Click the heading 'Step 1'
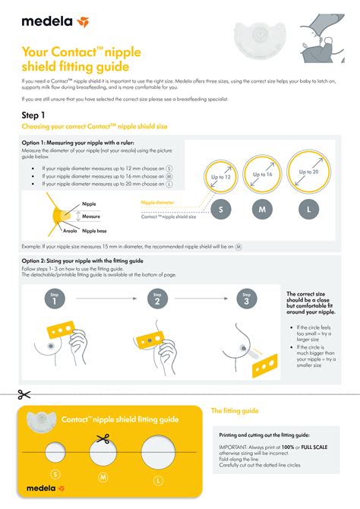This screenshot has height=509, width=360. tap(36, 115)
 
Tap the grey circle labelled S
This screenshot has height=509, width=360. tap(221, 208)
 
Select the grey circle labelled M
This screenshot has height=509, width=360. tap(262, 208)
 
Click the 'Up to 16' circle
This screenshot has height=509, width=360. tap(262, 174)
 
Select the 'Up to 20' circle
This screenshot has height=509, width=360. tap(308, 172)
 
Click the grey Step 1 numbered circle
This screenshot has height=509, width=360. tap(54, 299)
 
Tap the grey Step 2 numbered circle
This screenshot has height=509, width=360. tap(157, 299)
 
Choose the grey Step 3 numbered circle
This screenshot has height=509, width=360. tap(246, 299)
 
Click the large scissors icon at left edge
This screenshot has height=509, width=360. tap(24, 394)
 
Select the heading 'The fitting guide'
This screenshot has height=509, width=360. tap(235, 411)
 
